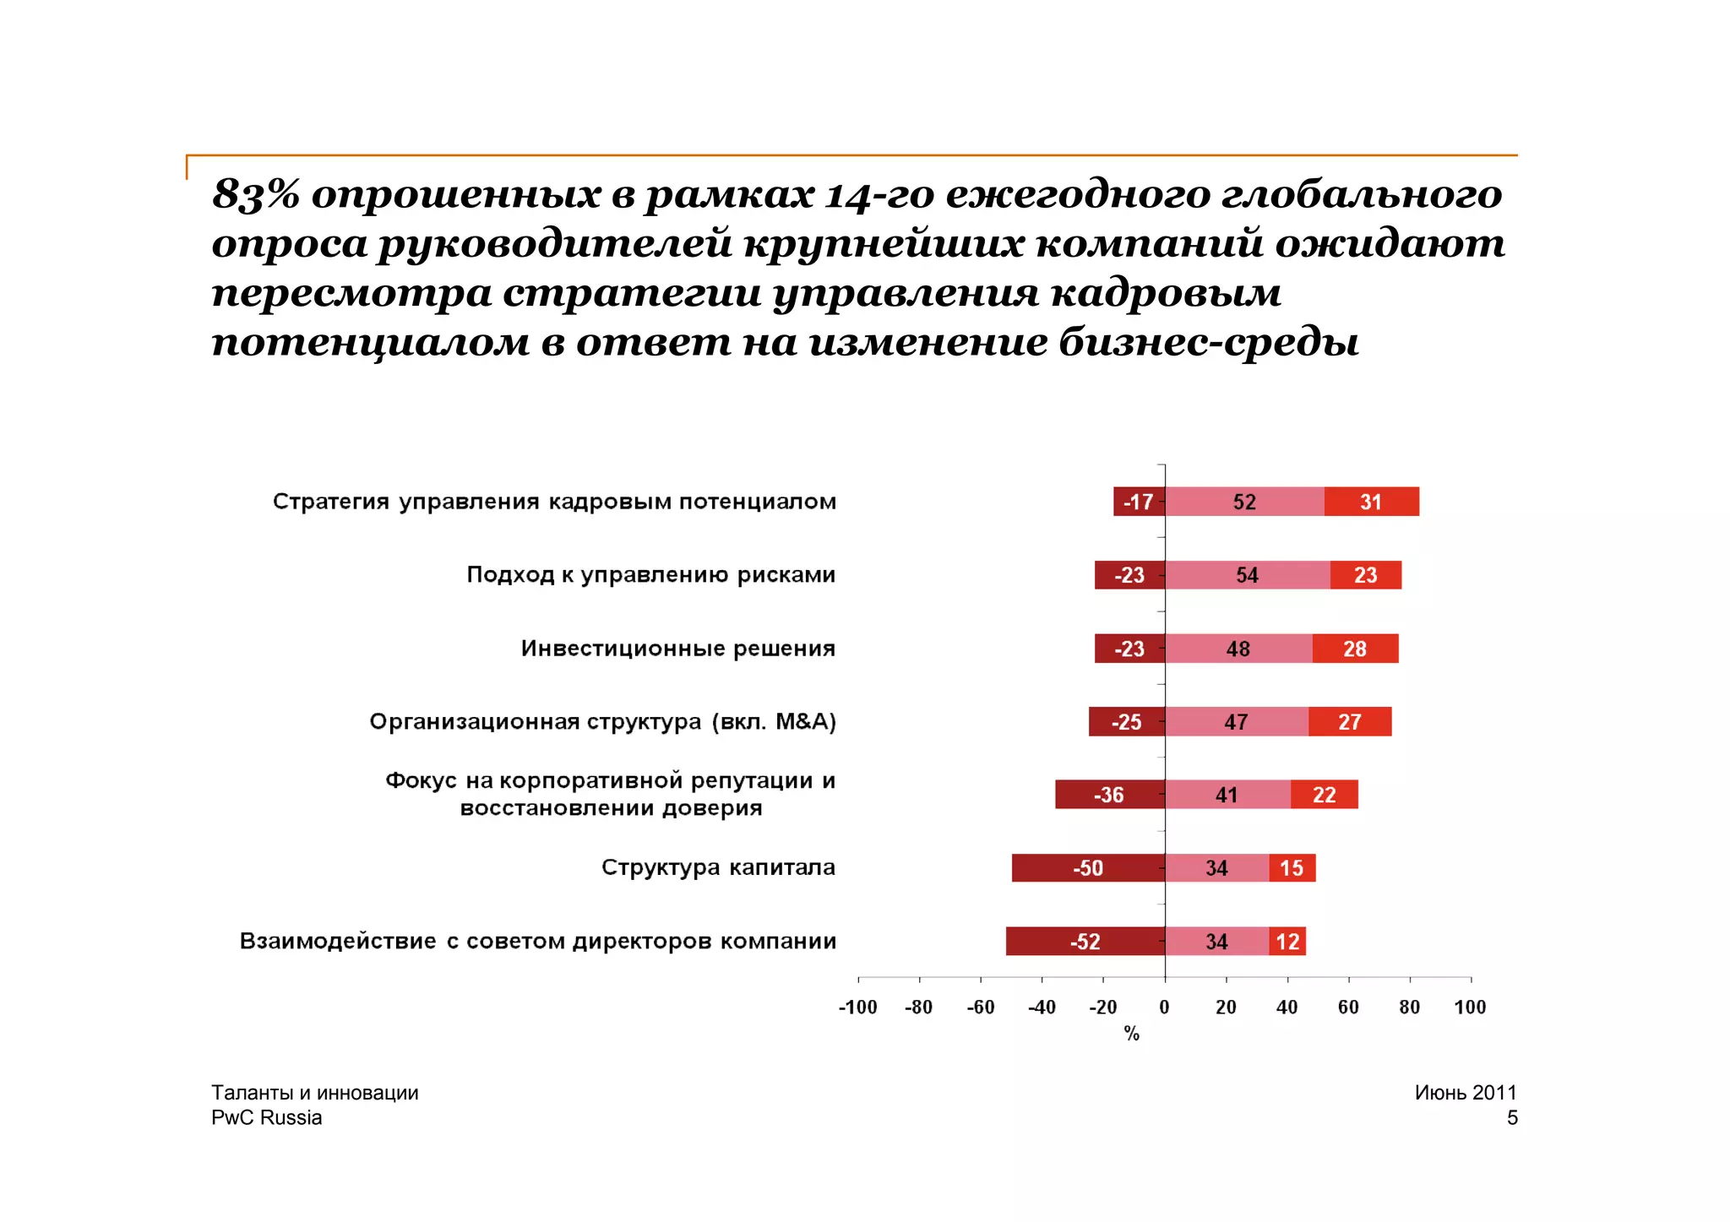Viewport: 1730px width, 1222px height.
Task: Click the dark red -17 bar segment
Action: pyautogui.click(x=1138, y=502)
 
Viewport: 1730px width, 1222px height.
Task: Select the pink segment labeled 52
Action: pyautogui.click(x=1244, y=502)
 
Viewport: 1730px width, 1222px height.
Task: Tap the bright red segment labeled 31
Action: pyautogui.click(x=1371, y=502)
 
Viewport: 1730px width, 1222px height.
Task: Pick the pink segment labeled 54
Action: pyautogui.click(x=1247, y=575)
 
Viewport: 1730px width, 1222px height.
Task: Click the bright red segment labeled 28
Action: pyautogui.click(x=1355, y=649)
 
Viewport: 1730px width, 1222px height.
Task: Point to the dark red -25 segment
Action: pyautogui.click(x=1126, y=722)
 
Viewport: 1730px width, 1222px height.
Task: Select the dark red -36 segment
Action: pyautogui.click(x=1109, y=795)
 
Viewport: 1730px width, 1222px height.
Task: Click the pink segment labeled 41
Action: pyautogui.click(x=1227, y=795)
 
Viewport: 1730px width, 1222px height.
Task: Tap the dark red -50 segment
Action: pyautogui.click(x=1088, y=868)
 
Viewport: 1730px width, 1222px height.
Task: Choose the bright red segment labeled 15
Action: pyautogui.click(x=1292, y=868)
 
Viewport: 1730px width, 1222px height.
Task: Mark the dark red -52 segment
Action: pyautogui.click(x=1085, y=942)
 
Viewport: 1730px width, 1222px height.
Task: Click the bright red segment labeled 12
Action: pyautogui.click(x=1287, y=942)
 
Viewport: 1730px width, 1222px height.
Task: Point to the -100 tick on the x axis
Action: pyautogui.click(x=858, y=1007)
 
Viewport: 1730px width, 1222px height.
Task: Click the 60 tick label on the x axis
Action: pyautogui.click(x=1348, y=1007)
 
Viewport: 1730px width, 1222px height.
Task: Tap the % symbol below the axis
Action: pyautogui.click(x=1132, y=1034)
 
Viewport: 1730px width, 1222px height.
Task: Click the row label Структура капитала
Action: pyautogui.click(x=718, y=867)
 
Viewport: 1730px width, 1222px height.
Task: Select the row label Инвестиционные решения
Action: pyautogui.click(x=678, y=649)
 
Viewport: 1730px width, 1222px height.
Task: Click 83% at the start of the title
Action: pyautogui.click(x=255, y=194)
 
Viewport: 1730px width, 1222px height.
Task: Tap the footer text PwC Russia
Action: pyautogui.click(x=267, y=1117)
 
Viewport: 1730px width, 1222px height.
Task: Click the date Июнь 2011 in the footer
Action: pyautogui.click(x=1466, y=1092)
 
